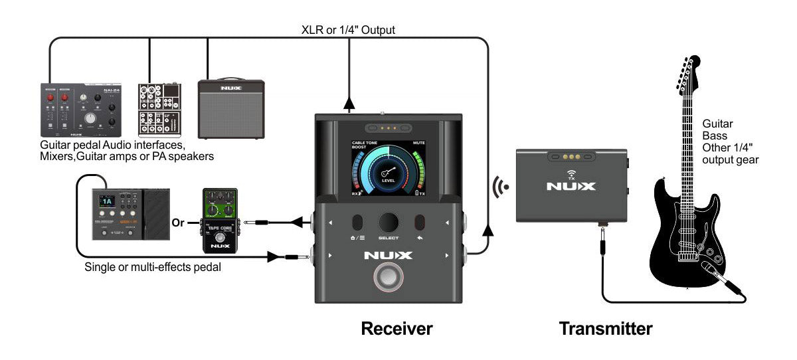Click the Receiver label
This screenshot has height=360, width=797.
pyautogui.click(x=397, y=328)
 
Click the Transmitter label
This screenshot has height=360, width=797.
pyautogui.click(x=605, y=328)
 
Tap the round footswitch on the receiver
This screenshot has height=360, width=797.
pyautogui.click(x=389, y=278)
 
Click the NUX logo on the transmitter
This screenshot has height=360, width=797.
pyautogui.click(x=571, y=187)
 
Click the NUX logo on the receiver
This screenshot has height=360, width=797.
pyautogui.click(x=389, y=254)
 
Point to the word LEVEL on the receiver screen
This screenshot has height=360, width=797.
pyautogui.click(x=389, y=180)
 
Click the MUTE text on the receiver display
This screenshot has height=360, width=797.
pyautogui.click(x=418, y=143)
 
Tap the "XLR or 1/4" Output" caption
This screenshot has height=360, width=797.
pyautogui.click(x=349, y=30)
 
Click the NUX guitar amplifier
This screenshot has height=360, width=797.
pyautogui.click(x=231, y=109)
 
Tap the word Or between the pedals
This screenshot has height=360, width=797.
pyautogui.click(x=178, y=223)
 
